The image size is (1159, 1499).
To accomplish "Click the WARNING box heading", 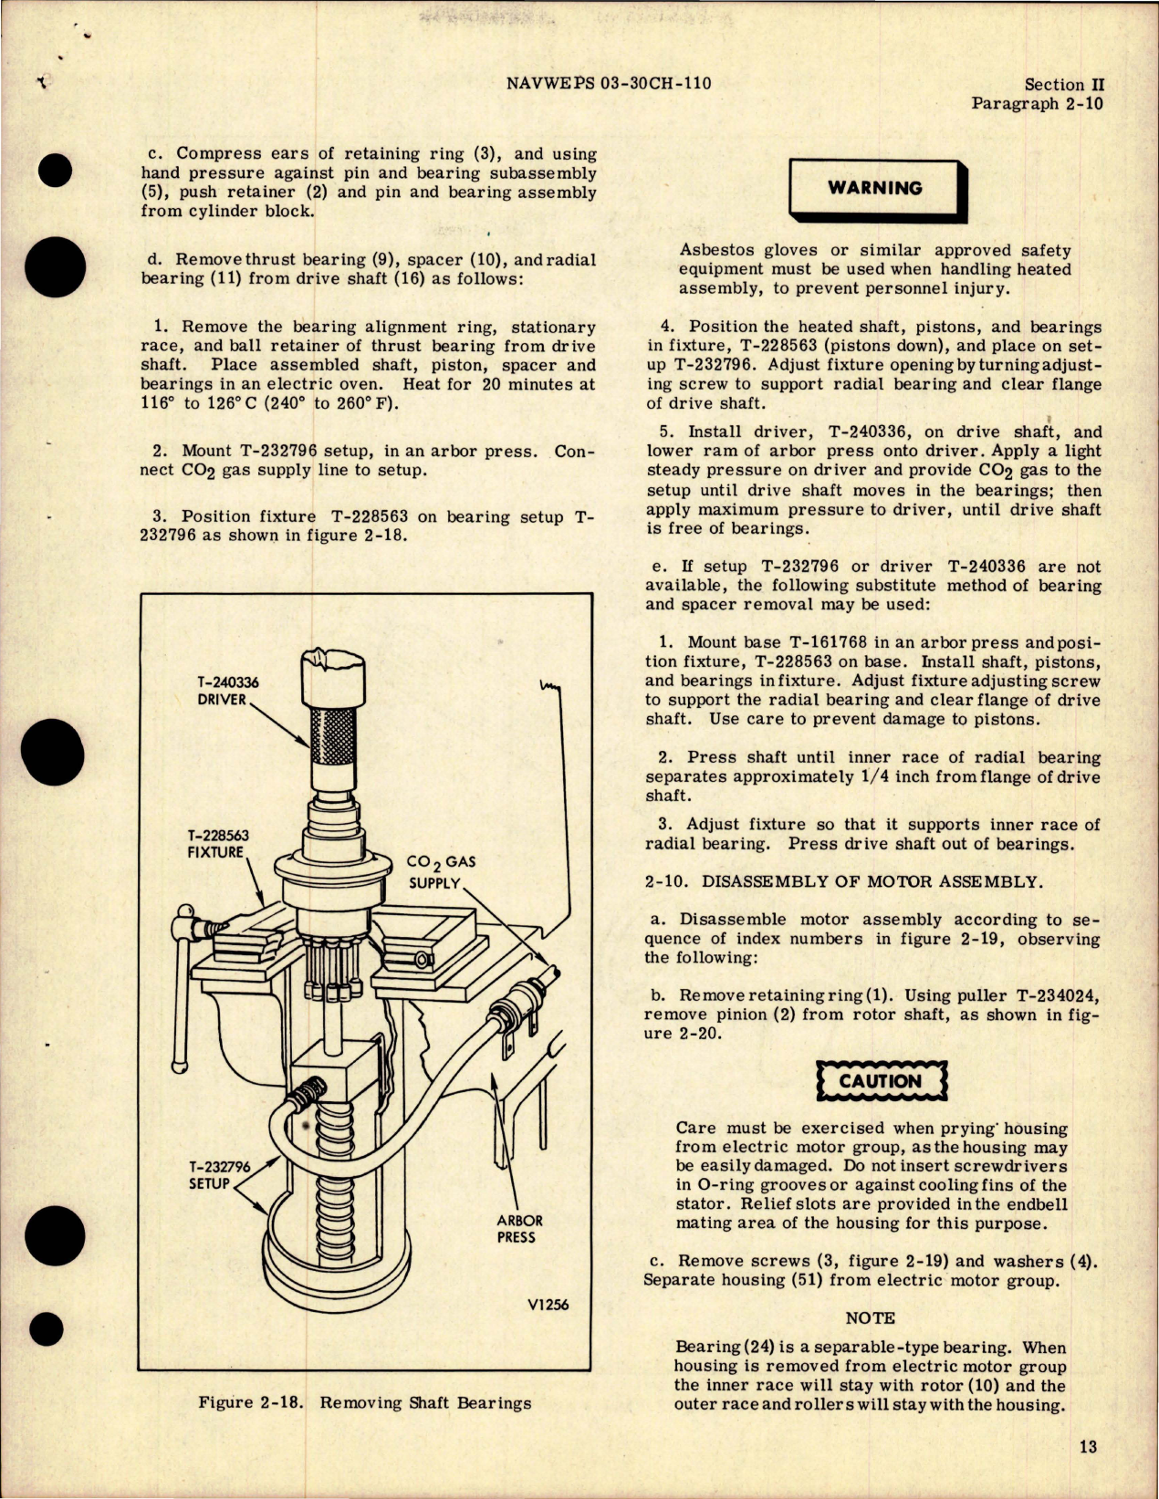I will tap(874, 188).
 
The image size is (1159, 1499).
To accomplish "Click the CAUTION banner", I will tap(880, 1081).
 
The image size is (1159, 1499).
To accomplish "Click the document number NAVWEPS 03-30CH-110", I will tap(608, 83).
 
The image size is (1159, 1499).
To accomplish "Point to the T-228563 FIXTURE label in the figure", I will tap(217, 843).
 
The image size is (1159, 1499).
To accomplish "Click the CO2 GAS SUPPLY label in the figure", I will tap(441, 871).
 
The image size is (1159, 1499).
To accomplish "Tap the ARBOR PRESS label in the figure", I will tap(519, 1228).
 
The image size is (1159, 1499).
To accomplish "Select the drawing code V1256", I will tap(548, 1304).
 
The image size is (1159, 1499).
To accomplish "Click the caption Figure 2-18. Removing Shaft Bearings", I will tap(364, 1402).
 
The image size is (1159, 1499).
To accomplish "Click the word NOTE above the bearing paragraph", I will tap(870, 1317).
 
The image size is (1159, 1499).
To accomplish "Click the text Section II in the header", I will tap(1064, 84).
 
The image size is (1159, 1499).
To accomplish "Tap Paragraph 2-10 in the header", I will tap(1037, 103).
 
